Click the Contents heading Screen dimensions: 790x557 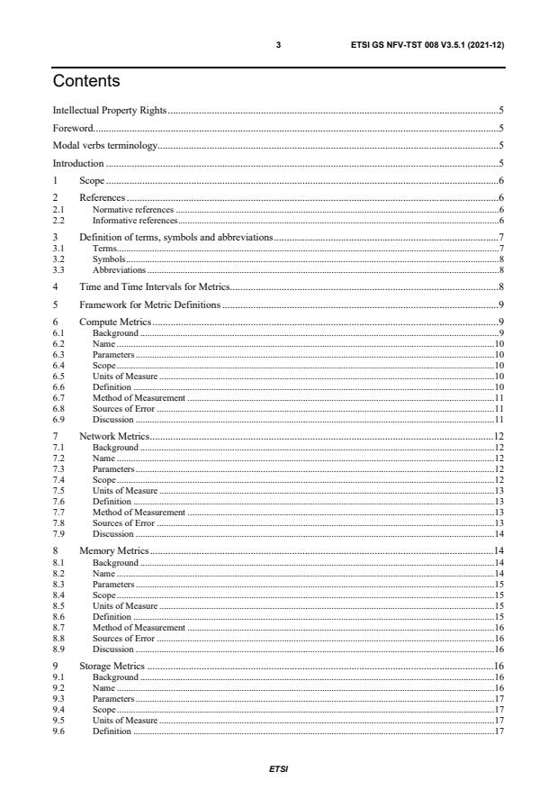(x=87, y=82)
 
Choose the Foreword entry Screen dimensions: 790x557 (x=73, y=128)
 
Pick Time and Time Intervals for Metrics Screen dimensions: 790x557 (x=155, y=286)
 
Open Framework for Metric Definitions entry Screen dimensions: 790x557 (x=149, y=304)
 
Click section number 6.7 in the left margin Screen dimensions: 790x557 (x=59, y=397)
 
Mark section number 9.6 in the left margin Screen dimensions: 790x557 (x=59, y=731)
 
